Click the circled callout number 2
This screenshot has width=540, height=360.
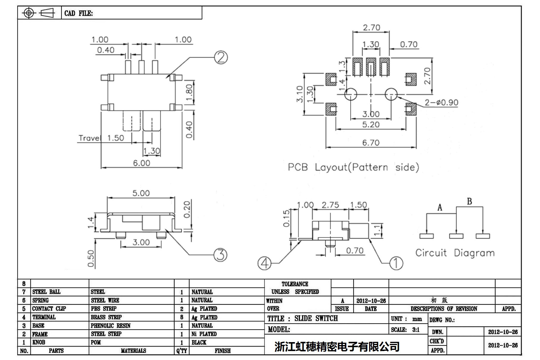[x=221, y=57]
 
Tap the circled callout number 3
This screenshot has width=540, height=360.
[x=221, y=255]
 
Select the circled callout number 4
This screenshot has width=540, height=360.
[x=264, y=263]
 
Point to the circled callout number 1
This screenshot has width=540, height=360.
[x=396, y=263]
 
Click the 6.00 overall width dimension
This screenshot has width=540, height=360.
[x=141, y=163]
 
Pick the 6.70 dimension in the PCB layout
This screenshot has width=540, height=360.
[x=371, y=143]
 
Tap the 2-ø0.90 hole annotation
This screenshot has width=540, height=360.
[x=441, y=103]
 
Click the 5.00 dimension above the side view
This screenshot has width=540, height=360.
[x=141, y=193]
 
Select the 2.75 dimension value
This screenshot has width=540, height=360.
[x=330, y=205]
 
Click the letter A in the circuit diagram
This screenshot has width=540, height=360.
[x=440, y=208]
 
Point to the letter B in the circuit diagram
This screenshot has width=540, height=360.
[x=469, y=202]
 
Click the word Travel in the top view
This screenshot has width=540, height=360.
[x=90, y=138]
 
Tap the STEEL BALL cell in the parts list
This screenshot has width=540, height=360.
[x=46, y=292]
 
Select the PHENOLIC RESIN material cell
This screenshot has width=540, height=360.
[x=111, y=326]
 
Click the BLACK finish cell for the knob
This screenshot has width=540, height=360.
[x=199, y=342]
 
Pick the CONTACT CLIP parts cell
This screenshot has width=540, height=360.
[x=49, y=309]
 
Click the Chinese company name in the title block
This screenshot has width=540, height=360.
[x=337, y=347]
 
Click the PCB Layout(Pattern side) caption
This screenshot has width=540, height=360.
[x=353, y=167]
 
